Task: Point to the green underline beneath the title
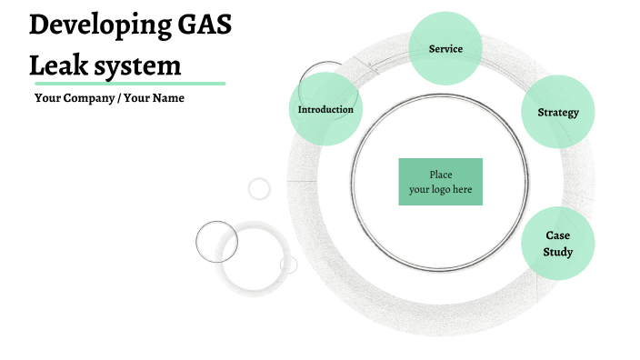[127, 83]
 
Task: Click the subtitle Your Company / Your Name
[109, 98]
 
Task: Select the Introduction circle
[325, 110]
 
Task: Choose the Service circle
[445, 49]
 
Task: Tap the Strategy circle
[558, 113]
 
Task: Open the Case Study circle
[557, 244]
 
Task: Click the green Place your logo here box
[440, 182]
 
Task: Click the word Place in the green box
[441, 175]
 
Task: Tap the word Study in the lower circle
[557, 252]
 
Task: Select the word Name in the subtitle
[168, 98]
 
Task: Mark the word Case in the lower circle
[557, 235]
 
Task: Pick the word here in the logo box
[462, 189]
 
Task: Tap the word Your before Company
[47, 98]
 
